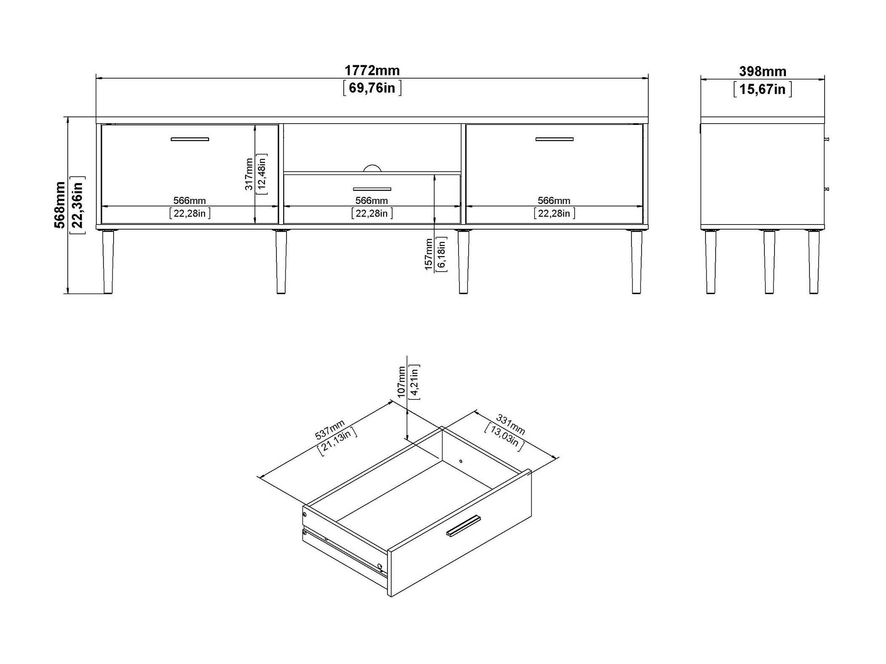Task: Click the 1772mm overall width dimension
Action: [372, 70]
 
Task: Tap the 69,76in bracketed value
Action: [372, 88]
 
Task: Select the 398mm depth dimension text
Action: [762, 71]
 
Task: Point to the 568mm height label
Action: [60, 205]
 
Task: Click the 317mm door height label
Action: [249, 174]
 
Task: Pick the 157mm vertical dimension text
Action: [429, 254]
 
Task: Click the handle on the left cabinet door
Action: [190, 139]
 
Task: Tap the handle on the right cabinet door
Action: [554, 139]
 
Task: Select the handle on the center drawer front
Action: [372, 189]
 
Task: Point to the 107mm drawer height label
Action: [401, 381]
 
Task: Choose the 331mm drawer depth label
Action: [510, 424]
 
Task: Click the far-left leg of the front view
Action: [108, 261]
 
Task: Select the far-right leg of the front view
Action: [637, 261]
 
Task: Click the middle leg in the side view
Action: [769, 261]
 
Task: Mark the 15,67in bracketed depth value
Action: [762, 90]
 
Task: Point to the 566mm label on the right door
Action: [554, 201]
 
